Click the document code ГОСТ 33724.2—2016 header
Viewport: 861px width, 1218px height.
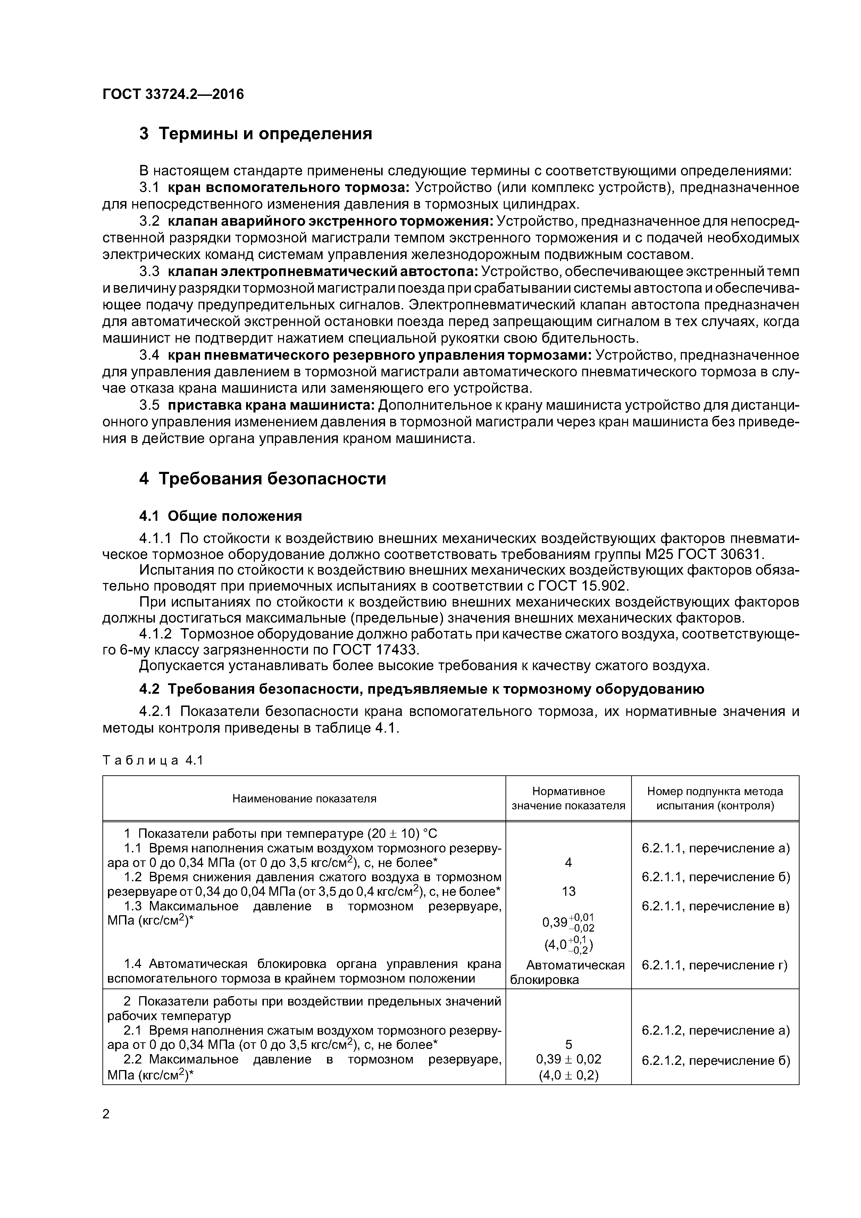click(173, 94)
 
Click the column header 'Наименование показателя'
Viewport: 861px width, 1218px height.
click(304, 798)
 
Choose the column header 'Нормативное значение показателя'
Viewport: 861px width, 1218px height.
click(568, 798)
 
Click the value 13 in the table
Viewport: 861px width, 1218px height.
click(568, 891)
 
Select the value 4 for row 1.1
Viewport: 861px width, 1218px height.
click(568, 862)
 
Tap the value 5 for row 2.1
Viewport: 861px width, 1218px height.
click(568, 1044)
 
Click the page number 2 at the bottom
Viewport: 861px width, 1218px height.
click(106, 1114)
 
